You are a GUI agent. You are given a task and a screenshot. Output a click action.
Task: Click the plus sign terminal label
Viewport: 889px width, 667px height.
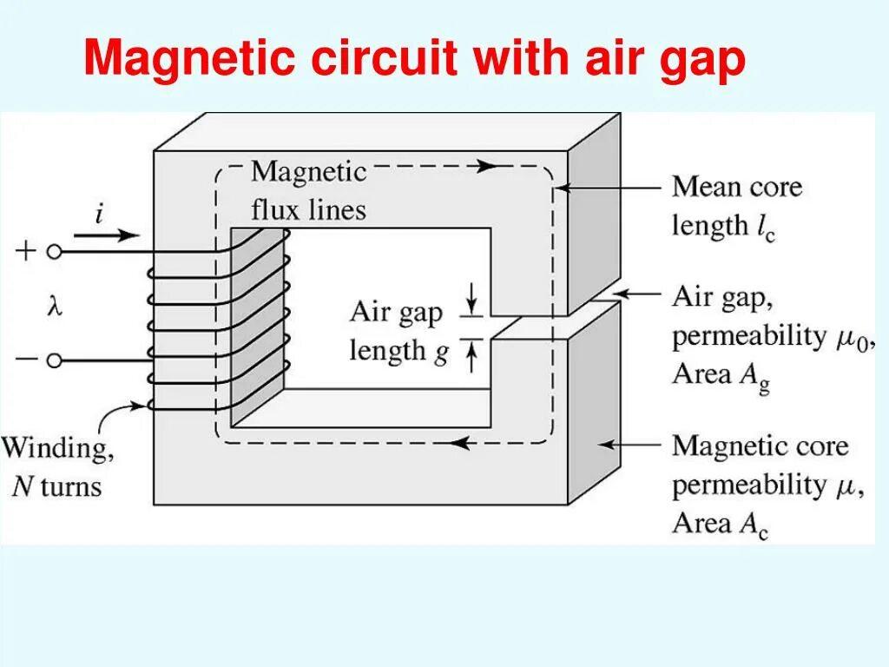26,252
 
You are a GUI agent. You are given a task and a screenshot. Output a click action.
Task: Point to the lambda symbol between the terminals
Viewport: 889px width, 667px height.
54,306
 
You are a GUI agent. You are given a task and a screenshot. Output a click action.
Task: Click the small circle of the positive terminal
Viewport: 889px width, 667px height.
54,252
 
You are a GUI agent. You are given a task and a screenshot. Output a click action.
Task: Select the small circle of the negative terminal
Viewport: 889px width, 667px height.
54,361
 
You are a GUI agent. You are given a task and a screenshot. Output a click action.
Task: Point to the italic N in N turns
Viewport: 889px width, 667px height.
22,487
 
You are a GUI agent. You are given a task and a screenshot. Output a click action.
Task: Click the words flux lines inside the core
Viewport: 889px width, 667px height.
308,209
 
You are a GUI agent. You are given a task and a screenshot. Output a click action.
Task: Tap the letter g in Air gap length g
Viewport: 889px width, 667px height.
440,353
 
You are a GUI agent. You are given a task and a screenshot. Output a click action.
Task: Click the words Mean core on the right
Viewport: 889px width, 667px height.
737,187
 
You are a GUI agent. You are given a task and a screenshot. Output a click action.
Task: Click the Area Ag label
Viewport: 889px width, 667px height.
721,376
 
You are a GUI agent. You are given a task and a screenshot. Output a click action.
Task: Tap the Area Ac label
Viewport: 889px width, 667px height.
721,524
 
